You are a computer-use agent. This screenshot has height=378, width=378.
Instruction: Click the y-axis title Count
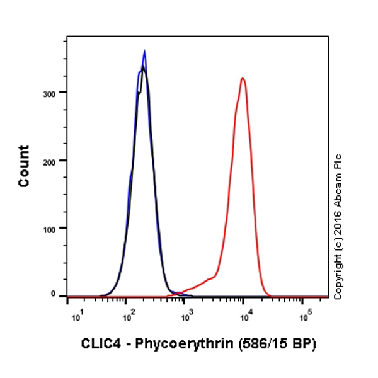(x=24, y=166)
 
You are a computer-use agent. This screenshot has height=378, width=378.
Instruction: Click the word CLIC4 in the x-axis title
(x=99, y=344)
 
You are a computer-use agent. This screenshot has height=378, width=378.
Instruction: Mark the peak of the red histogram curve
(x=243, y=78)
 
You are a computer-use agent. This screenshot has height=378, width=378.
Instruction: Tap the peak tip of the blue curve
(x=144, y=51)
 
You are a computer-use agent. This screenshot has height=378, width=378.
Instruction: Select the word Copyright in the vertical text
(x=338, y=277)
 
